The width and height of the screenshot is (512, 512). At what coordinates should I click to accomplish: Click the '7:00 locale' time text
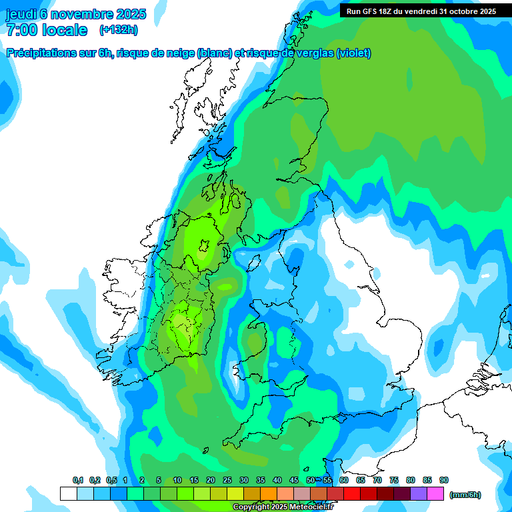pyautogui.click(x=47, y=30)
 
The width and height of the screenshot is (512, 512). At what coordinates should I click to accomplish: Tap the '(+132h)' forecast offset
pyautogui.click(x=118, y=30)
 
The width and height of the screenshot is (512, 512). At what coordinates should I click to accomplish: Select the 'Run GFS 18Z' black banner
pyautogui.click(x=421, y=11)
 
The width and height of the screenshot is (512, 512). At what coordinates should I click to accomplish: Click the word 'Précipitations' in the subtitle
pyautogui.click(x=39, y=53)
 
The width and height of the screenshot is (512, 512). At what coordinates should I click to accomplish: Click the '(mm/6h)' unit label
pyautogui.click(x=465, y=495)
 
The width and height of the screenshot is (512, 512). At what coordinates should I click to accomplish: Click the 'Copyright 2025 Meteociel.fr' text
pyautogui.click(x=283, y=507)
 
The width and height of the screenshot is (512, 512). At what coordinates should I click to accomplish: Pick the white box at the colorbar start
pyautogui.click(x=68, y=494)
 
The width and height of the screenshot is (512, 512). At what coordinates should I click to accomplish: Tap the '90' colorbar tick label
pyautogui.click(x=444, y=480)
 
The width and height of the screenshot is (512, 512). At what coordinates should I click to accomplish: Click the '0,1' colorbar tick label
pyautogui.click(x=77, y=480)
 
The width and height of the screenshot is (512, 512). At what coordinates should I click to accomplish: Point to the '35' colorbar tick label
pyautogui.click(x=261, y=480)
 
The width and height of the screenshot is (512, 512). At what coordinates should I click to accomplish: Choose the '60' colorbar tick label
pyautogui.click(x=344, y=480)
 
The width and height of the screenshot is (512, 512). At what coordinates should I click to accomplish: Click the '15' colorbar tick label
pyautogui.click(x=194, y=480)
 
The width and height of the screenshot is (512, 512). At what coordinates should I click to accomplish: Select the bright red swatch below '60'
pyautogui.click(x=352, y=494)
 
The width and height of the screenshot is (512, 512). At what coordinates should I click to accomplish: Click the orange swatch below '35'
pyautogui.click(x=269, y=494)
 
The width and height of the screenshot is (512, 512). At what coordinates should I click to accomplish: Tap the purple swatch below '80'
pyautogui.click(x=419, y=494)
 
